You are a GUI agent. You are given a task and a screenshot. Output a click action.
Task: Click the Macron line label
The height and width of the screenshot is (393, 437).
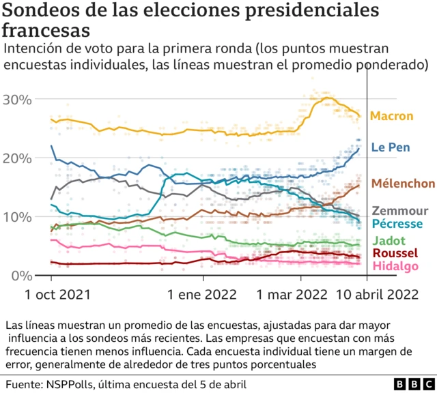point(391,116)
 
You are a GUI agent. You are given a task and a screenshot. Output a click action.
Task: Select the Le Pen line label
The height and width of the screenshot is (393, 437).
point(390,147)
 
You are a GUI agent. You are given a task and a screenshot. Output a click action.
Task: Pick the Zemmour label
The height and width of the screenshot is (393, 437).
point(399,211)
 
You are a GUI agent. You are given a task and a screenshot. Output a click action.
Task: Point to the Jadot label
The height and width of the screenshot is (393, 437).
point(388,241)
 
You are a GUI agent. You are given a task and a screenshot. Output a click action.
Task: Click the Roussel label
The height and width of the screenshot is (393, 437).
point(394,254)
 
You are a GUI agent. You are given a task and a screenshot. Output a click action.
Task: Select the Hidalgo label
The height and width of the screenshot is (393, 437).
point(395,266)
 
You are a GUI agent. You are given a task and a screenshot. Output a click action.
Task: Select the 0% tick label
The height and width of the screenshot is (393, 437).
point(20,276)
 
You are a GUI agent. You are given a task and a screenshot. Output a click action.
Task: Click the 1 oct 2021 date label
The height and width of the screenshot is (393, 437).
point(52,295)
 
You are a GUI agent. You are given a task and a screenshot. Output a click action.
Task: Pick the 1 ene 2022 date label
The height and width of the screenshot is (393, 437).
point(203,295)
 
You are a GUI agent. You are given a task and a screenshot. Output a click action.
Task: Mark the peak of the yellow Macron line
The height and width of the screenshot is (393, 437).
point(327,98)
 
